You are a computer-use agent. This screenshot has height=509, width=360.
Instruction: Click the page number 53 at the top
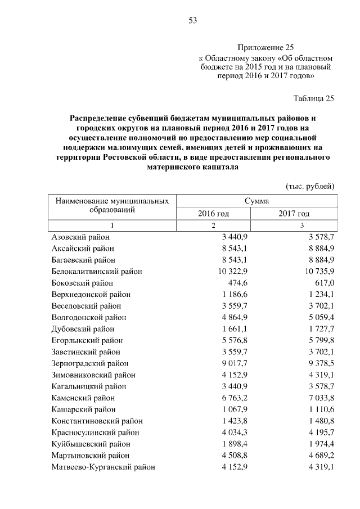click(192, 21)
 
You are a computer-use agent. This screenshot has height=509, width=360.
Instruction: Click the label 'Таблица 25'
click(314, 98)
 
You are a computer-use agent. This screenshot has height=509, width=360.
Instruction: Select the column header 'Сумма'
click(256, 201)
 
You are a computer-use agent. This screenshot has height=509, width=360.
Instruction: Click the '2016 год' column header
click(213, 214)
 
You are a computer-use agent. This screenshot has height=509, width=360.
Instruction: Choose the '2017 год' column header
click(294, 214)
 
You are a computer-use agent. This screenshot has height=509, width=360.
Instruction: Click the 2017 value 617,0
click(323, 283)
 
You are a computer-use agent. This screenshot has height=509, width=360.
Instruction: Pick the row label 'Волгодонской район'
click(89, 317)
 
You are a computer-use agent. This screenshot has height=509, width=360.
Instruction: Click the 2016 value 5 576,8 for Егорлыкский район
click(236, 340)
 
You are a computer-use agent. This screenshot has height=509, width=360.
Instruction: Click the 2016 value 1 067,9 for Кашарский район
click(236, 409)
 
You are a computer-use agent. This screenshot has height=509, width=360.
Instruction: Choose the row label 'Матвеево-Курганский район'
click(103, 467)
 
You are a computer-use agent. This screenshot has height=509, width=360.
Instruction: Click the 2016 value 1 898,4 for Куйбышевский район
click(236, 444)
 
